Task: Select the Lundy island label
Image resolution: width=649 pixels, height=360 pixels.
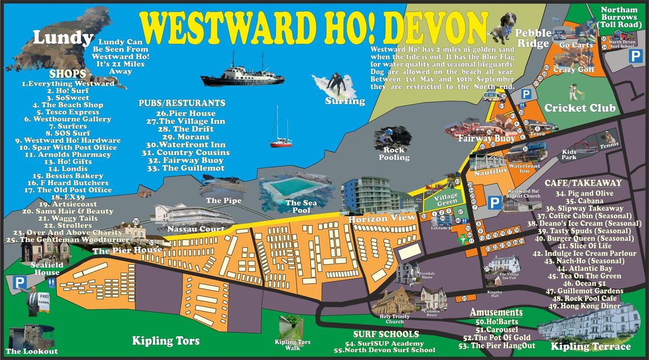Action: tap(62, 38)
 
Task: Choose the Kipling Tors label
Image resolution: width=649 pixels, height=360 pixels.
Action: tap(166, 341)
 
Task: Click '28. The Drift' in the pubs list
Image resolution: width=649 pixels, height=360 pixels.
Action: tap(185, 129)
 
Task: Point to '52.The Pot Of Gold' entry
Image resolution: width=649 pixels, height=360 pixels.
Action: tap(496, 337)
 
